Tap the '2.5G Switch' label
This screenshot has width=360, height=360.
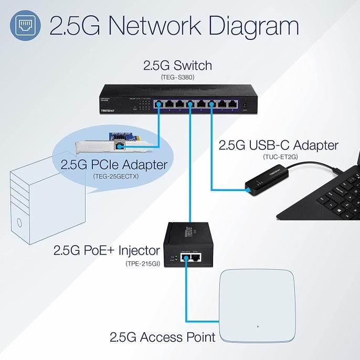pos(177,67)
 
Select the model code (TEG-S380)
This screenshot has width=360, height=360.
pos(177,78)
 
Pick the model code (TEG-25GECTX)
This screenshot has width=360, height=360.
pos(114,177)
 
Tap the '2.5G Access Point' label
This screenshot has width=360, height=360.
pos(162,336)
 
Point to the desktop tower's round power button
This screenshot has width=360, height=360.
pos(19,223)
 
